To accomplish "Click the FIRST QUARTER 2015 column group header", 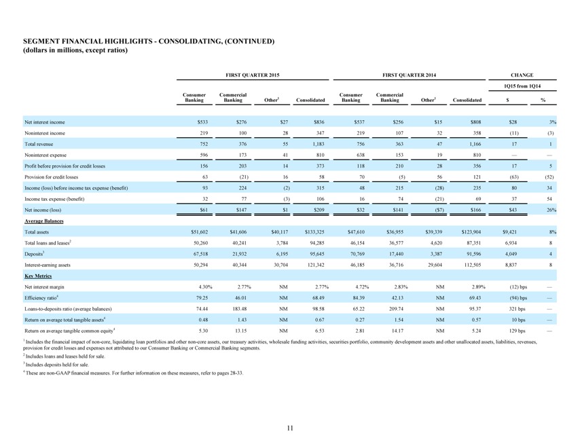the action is pos(253,75).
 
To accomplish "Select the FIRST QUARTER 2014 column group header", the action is pos(409,75).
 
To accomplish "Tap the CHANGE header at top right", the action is pos(522,75).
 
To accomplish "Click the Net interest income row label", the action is pos(44,122).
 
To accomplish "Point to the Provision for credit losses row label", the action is pos(52,177).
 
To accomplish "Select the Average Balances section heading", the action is pos(44,221).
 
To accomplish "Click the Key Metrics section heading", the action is pos(38,276).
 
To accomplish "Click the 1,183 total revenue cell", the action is pos(319,144).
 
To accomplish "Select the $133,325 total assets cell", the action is pos(314,232).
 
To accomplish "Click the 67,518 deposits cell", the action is pos(201,254).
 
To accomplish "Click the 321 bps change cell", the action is pos(517,309).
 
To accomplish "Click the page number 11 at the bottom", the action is pos(290,428).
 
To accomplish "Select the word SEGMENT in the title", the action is pos(39,41).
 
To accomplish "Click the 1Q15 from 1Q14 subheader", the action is pos(522,86).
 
